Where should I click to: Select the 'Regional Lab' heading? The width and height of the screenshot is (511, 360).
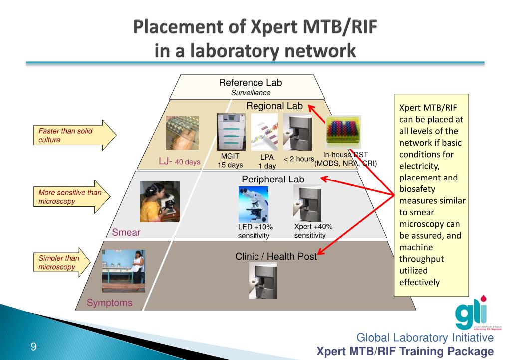click(x=274, y=106)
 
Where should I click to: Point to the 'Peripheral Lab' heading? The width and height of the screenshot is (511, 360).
click(x=273, y=179)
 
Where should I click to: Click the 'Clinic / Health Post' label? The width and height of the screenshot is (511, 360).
click(x=276, y=256)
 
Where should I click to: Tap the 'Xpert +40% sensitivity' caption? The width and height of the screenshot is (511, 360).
click(x=313, y=231)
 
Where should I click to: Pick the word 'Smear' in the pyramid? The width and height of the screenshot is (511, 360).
click(x=126, y=232)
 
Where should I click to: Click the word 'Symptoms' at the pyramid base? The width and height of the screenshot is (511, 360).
click(x=110, y=303)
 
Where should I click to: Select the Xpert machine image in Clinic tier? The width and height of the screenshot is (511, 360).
click(x=262, y=280)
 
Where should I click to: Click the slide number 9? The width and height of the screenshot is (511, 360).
click(x=33, y=346)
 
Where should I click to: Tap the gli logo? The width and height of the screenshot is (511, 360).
click(x=473, y=314)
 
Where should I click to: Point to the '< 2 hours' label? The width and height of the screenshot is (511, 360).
click(x=299, y=159)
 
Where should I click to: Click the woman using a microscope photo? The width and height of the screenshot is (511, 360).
click(x=159, y=201)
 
